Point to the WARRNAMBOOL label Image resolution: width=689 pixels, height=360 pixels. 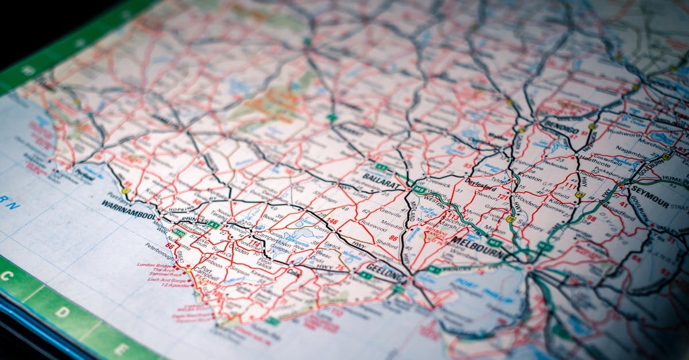click(129, 210)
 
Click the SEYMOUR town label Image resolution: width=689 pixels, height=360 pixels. click(649, 195)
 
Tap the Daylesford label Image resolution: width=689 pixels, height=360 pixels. click(481, 187)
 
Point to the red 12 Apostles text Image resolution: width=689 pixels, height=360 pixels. click(175, 284)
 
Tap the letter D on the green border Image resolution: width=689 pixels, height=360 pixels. click(63, 312)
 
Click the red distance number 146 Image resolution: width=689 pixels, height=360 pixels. click(331, 221)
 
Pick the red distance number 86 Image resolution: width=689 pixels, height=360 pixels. click(393, 238)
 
